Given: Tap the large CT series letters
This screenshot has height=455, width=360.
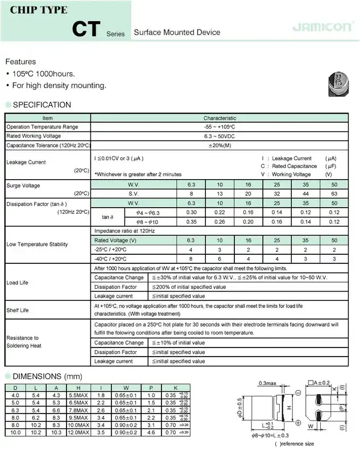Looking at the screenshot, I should (88, 28).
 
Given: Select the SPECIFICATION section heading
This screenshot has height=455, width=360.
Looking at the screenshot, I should (42, 105).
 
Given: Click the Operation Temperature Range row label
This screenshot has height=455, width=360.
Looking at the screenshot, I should (42, 127).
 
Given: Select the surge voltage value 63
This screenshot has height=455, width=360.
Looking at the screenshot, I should (334, 195).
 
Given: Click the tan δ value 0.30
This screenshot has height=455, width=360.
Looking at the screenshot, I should (191, 213).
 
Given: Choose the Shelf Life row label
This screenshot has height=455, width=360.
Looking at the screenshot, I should (17, 311).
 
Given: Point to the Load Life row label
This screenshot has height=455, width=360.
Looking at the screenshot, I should (17, 283).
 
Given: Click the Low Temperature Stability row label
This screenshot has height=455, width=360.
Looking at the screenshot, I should (37, 245).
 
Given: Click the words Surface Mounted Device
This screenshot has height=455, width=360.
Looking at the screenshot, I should (176, 32).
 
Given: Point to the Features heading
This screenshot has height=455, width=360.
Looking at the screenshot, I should (20, 61).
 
